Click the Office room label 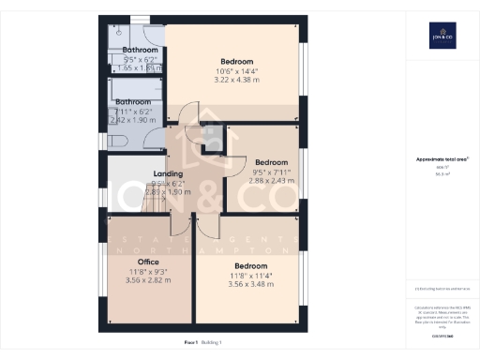[x=147, y=262]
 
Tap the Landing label [x=167, y=173]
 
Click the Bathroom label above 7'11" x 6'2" [x=133, y=101]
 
